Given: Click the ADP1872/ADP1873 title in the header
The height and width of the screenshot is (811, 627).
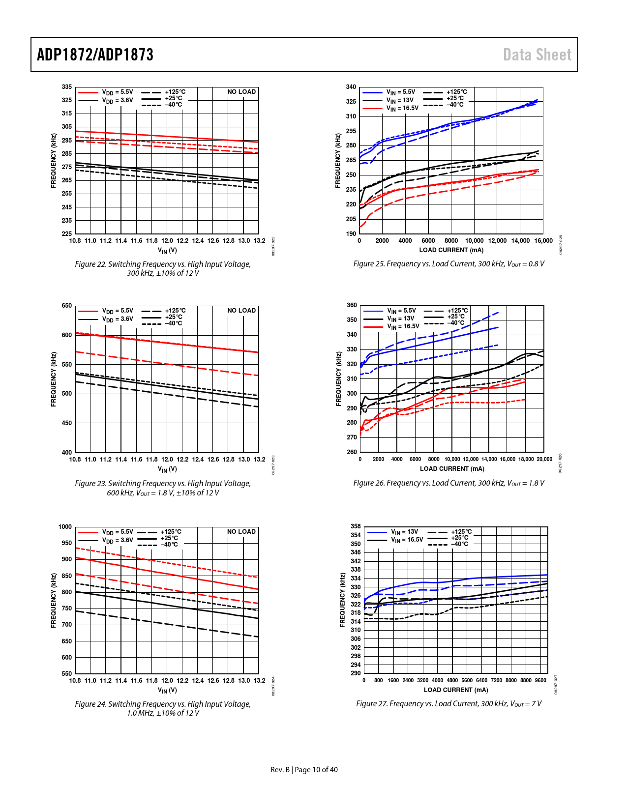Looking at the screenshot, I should (95, 55).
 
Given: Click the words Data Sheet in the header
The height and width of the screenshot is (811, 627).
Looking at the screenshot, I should (537, 55).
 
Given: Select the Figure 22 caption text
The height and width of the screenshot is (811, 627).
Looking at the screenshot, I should (163, 268).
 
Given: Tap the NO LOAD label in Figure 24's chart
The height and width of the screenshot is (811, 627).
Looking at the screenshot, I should (241, 532).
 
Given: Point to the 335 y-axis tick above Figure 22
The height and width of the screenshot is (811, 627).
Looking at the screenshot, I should (67, 87).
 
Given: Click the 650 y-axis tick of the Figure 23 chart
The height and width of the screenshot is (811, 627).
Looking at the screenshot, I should (67, 306).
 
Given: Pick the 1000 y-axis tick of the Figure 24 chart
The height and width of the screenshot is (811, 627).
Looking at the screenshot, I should (65, 527).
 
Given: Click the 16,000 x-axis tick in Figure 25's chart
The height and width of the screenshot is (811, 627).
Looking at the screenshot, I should (543, 241).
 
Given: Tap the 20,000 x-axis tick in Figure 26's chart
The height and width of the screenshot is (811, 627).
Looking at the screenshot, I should (544, 459).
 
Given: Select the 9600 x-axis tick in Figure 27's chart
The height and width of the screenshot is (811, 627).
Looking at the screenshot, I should (540, 680).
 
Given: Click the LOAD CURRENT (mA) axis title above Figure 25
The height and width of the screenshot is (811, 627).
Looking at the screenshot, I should (451, 250).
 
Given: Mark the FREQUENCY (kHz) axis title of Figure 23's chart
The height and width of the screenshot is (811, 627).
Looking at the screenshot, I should (54, 379).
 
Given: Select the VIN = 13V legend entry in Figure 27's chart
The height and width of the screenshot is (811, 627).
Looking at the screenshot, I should (405, 532).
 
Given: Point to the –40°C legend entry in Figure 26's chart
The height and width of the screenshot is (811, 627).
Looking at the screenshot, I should (456, 323).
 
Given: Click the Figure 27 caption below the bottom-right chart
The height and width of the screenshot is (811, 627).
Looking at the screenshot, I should (448, 704).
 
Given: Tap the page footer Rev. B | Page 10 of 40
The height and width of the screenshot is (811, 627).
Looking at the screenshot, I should (304, 770).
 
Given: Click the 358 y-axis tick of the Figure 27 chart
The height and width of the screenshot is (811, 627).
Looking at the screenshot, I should (356, 526).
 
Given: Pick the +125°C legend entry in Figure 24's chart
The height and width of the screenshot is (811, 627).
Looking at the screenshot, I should (171, 532).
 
